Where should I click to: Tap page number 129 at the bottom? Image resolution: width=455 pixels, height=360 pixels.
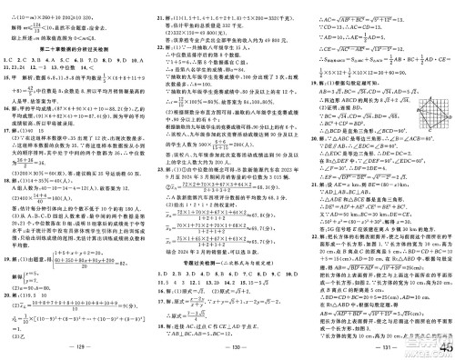point(76,347)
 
